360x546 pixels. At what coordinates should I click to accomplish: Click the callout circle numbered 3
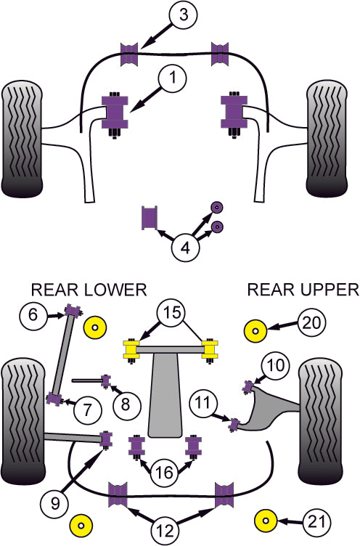pos(183,15)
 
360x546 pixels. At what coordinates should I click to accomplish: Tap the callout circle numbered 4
pos(186,248)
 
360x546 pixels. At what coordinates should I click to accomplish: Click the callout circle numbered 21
pos(315,521)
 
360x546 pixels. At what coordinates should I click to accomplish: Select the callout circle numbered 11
pos(202,401)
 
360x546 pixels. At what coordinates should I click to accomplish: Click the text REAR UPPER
pos(303,290)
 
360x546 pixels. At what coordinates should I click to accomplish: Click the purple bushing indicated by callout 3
pos(128,54)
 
